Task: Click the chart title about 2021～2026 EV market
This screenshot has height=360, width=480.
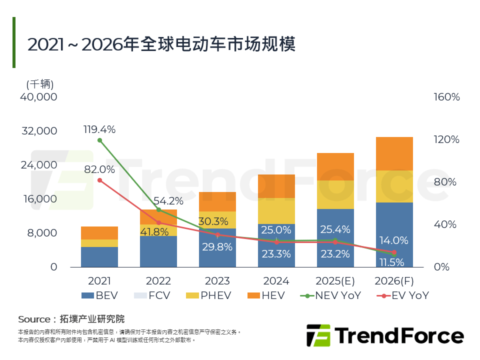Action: point(161,44)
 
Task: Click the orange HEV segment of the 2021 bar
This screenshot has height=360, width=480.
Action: point(99,233)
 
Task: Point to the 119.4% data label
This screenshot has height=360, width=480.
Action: point(99,129)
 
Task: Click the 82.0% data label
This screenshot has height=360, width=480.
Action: point(99,169)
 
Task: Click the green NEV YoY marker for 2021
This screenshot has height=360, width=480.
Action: point(99,140)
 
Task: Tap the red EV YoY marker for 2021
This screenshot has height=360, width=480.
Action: point(99,180)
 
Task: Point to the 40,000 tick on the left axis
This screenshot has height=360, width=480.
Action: point(38,97)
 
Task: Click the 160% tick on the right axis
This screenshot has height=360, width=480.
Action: point(446,97)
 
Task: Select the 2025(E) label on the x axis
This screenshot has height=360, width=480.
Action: point(335,281)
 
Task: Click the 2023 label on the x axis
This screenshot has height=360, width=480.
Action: point(217,281)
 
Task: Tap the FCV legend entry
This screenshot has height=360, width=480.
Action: point(152,295)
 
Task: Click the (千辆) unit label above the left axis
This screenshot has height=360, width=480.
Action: point(40,84)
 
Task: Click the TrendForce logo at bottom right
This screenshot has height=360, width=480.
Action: point(385,335)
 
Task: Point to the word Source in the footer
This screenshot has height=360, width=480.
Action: point(33,319)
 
